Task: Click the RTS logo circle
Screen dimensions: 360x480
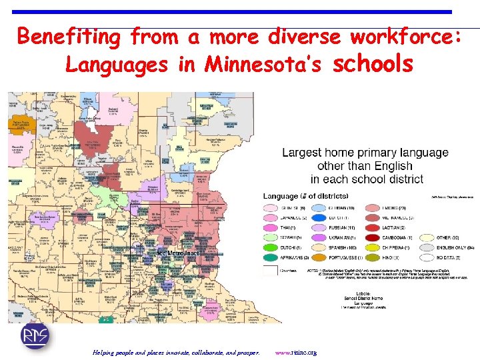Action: click(34, 336)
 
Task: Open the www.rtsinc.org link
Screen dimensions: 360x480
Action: click(295, 352)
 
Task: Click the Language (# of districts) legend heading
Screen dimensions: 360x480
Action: click(305, 196)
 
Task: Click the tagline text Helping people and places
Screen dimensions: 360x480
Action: click(177, 352)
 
